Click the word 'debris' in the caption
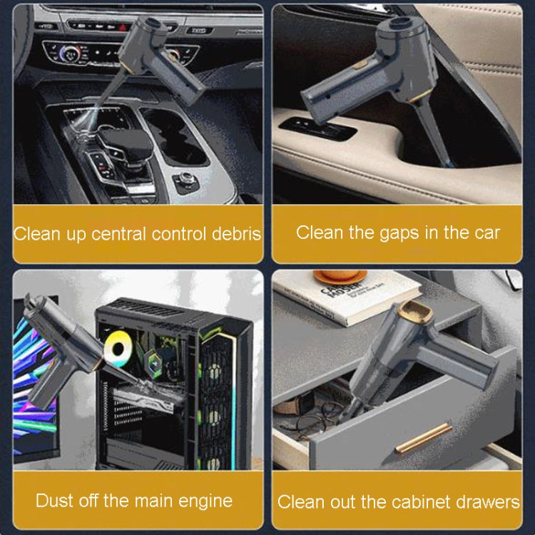pyautogui.click(x=236, y=234)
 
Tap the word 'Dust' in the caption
pyautogui.click(x=55, y=501)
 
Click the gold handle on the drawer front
pyautogui.click(x=424, y=438)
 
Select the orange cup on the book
pyautogui.click(x=340, y=277)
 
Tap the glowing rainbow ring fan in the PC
pyautogui.click(x=118, y=349)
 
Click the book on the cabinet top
pyautogui.click(x=347, y=297)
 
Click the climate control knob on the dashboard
pyautogui.click(x=70, y=53)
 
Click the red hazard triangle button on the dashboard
pyautogui.click(x=123, y=27)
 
